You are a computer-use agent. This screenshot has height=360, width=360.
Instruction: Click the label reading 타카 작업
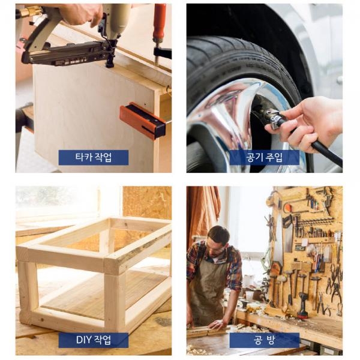pos(94,157)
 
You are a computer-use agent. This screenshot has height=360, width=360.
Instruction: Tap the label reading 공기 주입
pos(264,157)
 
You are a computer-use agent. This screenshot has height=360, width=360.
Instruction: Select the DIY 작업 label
pos(94,340)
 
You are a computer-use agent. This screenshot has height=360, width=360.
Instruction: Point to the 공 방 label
pos(264,340)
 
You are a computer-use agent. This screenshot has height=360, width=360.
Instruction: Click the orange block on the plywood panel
pos(143,121)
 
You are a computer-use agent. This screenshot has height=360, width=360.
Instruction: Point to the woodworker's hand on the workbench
pos(216,324)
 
